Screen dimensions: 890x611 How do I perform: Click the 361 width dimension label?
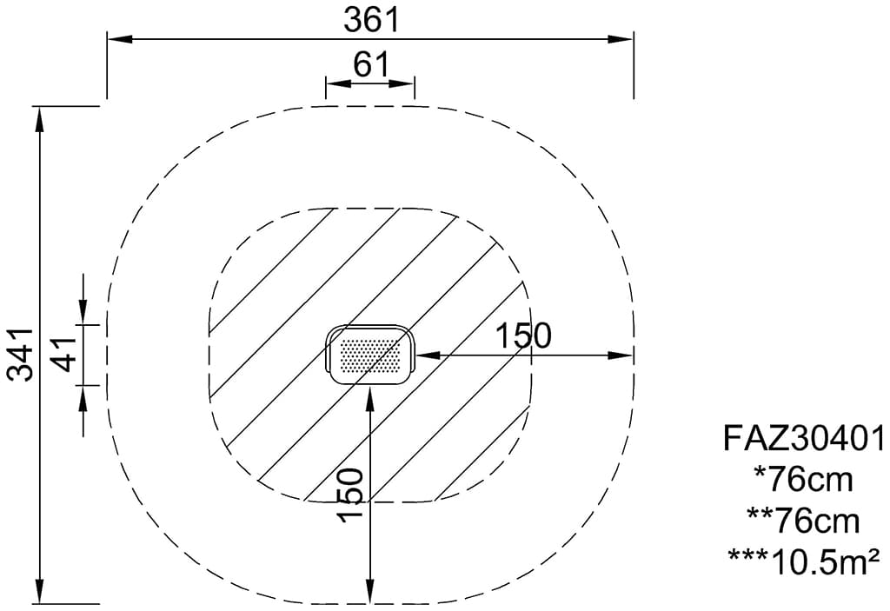(372, 20)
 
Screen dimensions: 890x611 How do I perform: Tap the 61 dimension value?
(371, 64)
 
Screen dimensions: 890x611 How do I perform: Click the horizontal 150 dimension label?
(523, 335)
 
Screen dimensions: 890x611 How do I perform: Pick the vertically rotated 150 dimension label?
(349, 495)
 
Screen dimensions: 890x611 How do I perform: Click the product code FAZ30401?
(804, 439)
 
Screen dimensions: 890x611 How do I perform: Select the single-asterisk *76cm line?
(803, 480)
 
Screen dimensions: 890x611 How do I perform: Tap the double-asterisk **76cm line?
(803, 521)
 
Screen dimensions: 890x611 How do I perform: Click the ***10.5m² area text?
(804, 561)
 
